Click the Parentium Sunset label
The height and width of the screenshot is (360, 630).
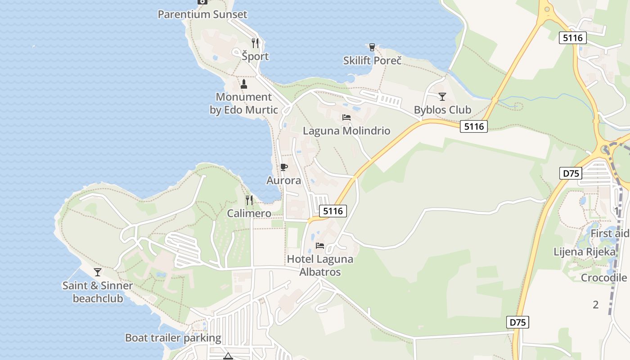(x=202, y=14)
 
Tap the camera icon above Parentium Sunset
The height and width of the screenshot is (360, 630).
(x=202, y=1)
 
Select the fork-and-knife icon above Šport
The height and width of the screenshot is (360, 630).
(x=255, y=43)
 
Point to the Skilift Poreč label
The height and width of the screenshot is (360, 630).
(x=372, y=60)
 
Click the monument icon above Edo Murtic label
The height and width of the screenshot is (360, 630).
(x=244, y=84)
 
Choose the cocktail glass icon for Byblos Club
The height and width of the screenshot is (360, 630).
(x=442, y=97)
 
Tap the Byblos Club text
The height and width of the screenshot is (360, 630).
(x=442, y=110)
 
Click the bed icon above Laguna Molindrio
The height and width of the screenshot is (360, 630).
(x=346, y=117)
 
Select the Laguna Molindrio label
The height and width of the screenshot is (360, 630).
(x=346, y=131)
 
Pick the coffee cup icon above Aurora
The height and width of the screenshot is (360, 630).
(x=283, y=167)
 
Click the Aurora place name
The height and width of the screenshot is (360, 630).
(x=283, y=180)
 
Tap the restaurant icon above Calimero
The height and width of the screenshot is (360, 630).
(x=249, y=200)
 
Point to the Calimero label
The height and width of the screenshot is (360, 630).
(x=249, y=213)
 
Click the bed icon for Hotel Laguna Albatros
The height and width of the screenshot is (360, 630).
(x=320, y=246)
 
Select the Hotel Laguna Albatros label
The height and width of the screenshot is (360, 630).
(x=320, y=265)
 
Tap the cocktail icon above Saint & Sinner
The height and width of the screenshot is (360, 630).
(x=97, y=272)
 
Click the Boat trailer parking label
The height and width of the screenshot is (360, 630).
(x=173, y=338)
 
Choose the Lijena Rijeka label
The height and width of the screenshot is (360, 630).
(x=584, y=252)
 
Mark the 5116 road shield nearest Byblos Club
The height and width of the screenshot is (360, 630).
(x=474, y=126)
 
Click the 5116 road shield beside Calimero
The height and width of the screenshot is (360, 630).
(x=333, y=211)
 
